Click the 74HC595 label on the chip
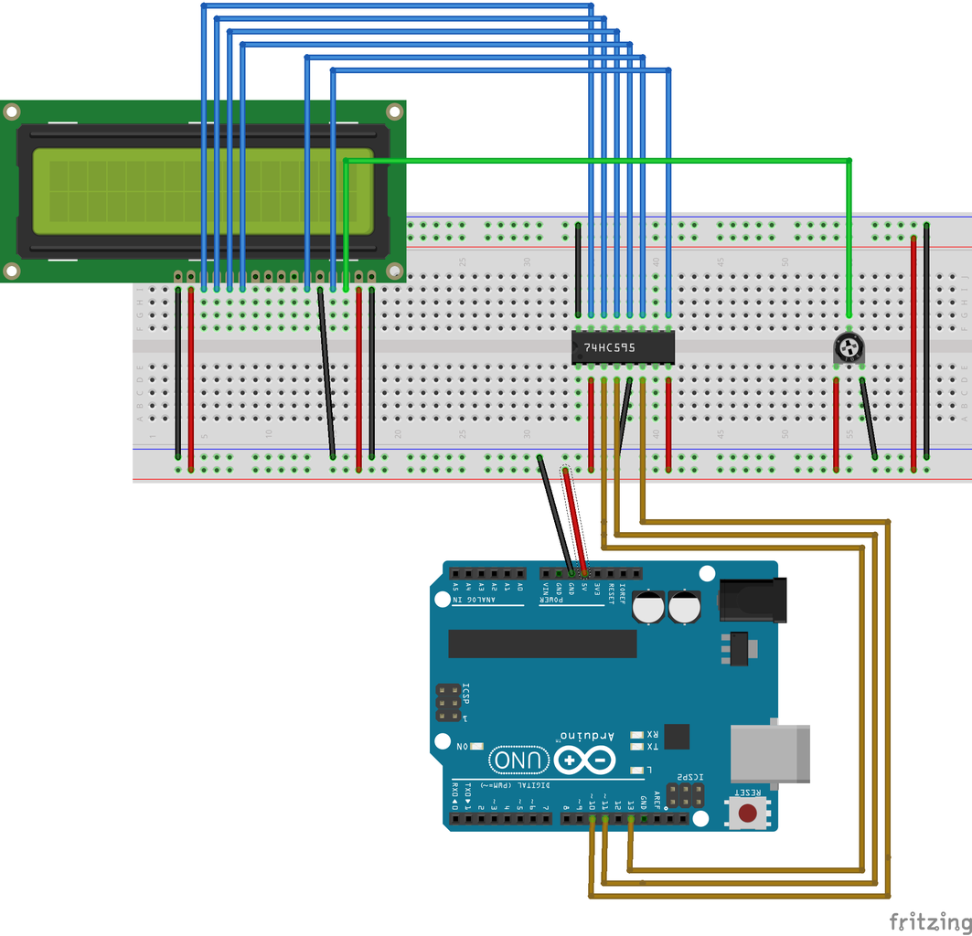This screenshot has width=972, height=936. [610, 348]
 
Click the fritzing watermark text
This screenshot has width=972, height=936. [930, 920]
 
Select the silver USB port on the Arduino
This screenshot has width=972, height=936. [771, 753]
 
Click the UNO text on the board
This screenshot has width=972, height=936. [519, 760]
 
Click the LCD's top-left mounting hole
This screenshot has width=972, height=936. [11, 112]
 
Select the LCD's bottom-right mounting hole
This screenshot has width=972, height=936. [394, 271]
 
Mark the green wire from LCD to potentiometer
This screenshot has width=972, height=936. [594, 161]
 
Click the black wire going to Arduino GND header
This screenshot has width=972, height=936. [556, 516]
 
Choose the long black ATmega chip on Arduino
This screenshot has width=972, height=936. [542, 643]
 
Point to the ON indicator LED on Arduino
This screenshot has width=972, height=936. [476, 747]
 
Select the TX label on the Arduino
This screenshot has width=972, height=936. [652, 747]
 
